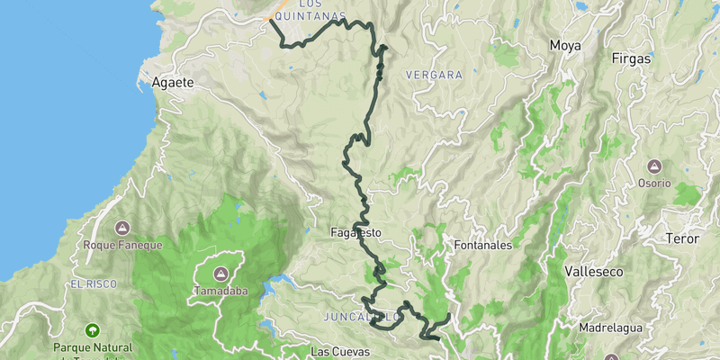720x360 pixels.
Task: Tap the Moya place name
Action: pyautogui.click(x=566, y=44)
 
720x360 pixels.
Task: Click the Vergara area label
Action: pyautogui.click(x=434, y=75)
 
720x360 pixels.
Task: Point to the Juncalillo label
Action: pyautogui.click(x=361, y=317)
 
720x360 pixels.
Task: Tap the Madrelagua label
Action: pyautogui.click(x=610, y=328)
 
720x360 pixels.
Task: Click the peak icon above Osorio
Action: pyautogui.click(x=654, y=166)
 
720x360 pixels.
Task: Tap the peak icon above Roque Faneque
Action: pyautogui.click(x=122, y=228)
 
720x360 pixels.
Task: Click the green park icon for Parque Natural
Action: pyautogui.click(x=91, y=330)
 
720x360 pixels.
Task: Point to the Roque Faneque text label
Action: pyautogui.click(x=122, y=245)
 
